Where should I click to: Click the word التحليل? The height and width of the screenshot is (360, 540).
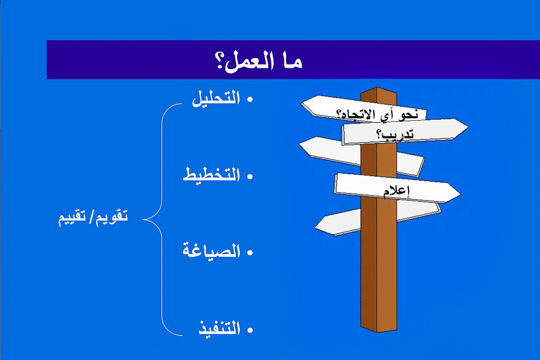[x=216, y=99]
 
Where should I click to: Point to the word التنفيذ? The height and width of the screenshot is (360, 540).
[x=220, y=329]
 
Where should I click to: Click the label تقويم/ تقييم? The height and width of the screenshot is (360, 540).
[x=93, y=217]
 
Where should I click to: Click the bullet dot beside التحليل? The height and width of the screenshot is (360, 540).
[x=250, y=99]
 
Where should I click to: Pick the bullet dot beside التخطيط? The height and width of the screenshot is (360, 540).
[x=250, y=176]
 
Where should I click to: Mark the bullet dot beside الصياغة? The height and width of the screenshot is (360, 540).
[x=250, y=252]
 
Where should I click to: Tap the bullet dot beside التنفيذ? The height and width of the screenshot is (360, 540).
[x=250, y=330]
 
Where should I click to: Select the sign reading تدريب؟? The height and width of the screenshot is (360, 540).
[x=405, y=132]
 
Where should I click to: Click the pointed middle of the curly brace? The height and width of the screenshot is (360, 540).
[x=143, y=220]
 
